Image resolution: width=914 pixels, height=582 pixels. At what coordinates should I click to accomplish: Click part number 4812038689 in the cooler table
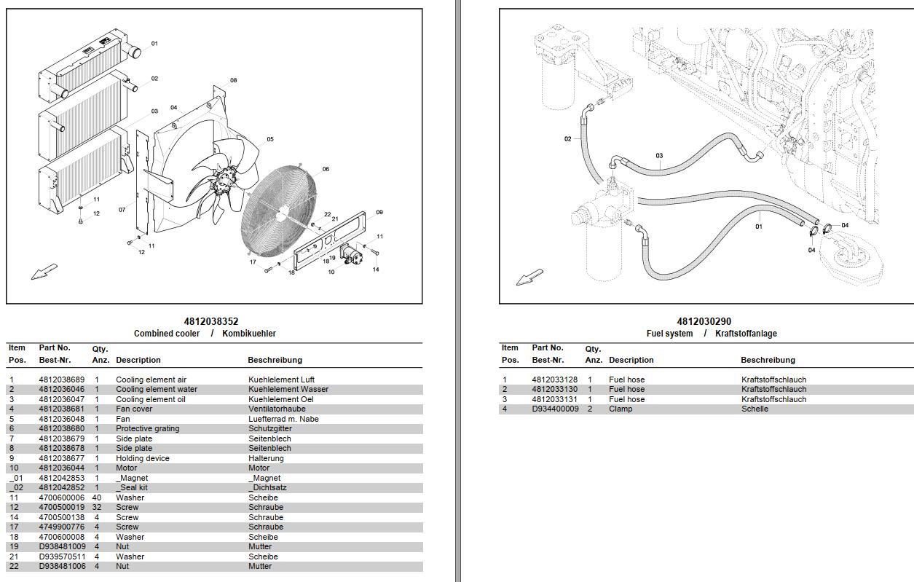(x=61, y=380)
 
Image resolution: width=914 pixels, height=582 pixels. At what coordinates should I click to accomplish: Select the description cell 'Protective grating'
(x=148, y=429)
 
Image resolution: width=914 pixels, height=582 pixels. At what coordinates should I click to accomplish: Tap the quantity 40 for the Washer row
(x=97, y=498)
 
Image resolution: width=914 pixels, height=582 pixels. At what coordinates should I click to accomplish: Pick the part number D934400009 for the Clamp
(x=555, y=409)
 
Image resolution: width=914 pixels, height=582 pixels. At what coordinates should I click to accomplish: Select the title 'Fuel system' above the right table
(x=669, y=334)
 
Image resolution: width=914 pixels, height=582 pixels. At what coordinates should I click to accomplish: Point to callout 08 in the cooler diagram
(x=233, y=81)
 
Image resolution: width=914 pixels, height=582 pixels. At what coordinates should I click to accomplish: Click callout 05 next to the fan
(x=269, y=140)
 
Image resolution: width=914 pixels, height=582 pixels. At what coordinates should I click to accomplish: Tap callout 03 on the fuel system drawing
(x=659, y=156)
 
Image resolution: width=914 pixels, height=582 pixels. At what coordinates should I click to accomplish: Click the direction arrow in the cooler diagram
(x=44, y=272)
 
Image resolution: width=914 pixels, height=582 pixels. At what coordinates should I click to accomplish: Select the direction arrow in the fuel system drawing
(x=529, y=278)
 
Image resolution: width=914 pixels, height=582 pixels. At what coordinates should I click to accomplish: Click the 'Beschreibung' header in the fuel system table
(x=768, y=360)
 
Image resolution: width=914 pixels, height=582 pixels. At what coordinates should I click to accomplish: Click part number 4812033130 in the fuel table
(x=554, y=390)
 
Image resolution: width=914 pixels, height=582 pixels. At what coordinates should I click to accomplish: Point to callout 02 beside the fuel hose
(x=568, y=139)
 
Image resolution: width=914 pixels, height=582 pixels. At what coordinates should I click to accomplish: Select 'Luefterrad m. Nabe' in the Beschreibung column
(x=283, y=420)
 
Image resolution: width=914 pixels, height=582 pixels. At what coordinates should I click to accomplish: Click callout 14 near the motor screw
(x=376, y=270)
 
